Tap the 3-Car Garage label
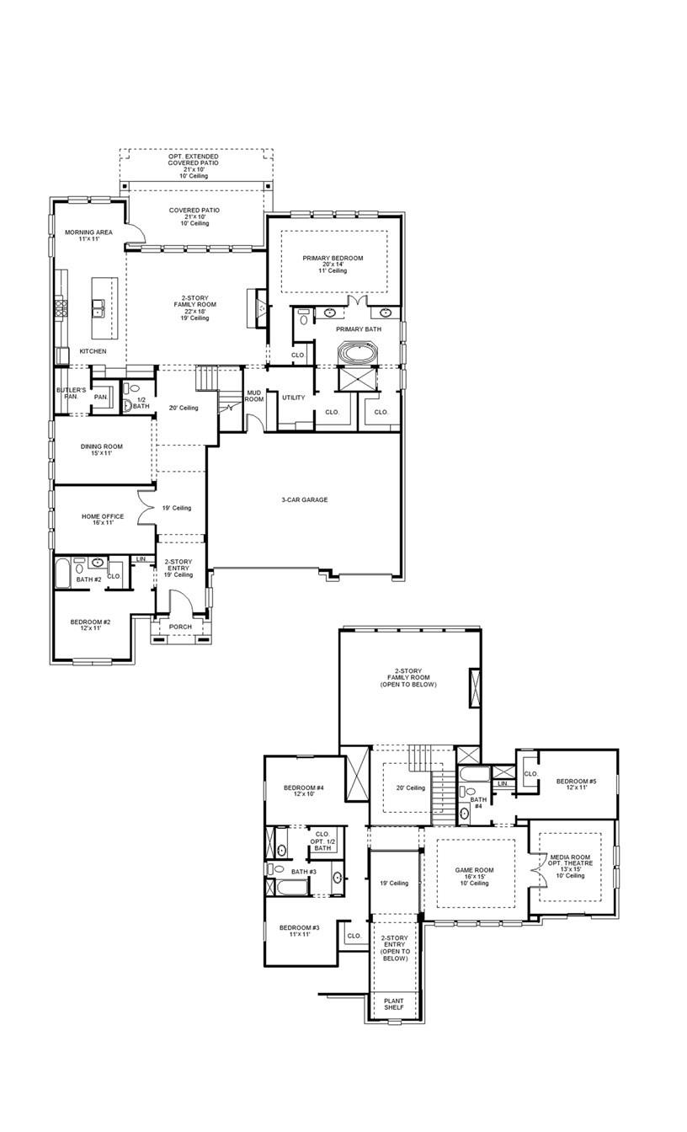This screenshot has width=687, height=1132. pos(305,499)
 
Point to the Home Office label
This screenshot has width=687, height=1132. pos(103,520)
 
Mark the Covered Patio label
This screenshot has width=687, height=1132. pos(194,216)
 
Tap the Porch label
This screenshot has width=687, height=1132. pos(180,627)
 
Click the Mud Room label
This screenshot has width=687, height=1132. pos(254,396)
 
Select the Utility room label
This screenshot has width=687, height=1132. pos(294,398)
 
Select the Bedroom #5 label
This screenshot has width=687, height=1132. pos(577,785)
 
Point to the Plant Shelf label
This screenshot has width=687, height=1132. pos(394,1004)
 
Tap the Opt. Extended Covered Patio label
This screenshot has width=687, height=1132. pos(194,163)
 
